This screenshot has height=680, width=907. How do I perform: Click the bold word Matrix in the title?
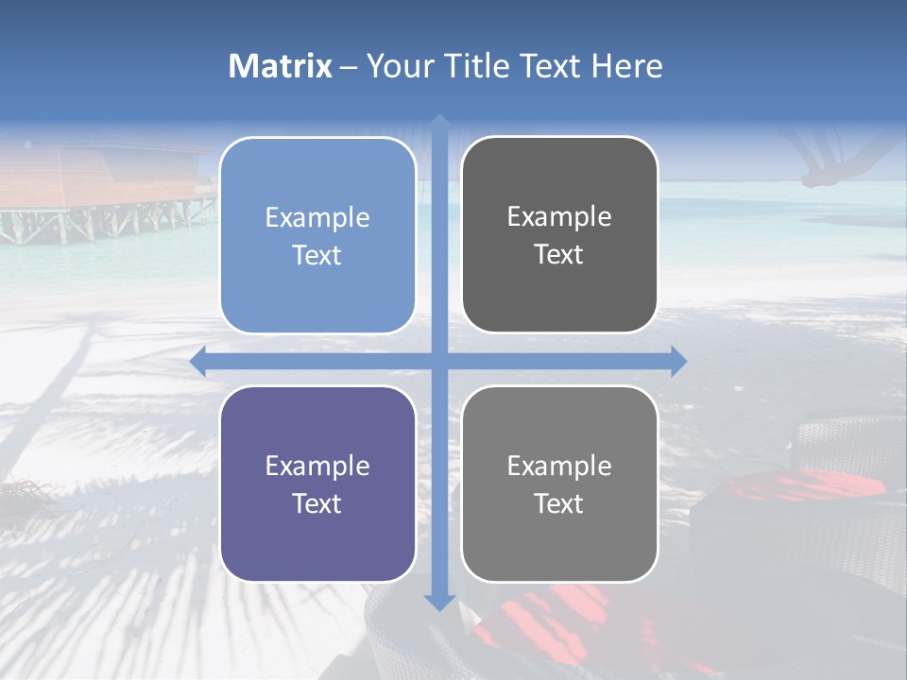coord(281,66)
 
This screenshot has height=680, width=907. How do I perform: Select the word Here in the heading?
coord(626,66)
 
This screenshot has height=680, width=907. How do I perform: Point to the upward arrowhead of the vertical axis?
coord(438,123)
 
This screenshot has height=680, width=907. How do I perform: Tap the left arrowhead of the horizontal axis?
coord(197,361)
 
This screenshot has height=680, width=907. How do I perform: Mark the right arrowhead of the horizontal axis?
coord(678,361)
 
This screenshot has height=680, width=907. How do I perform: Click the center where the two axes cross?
coord(438,361)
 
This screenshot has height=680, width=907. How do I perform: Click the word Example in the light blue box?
coord(317,218)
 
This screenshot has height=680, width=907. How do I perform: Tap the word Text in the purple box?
coord(317,503)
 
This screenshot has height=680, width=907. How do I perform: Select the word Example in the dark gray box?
coord(559,217)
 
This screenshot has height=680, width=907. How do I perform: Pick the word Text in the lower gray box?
coord(559,503)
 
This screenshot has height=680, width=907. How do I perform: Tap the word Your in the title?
coord(400,66)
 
